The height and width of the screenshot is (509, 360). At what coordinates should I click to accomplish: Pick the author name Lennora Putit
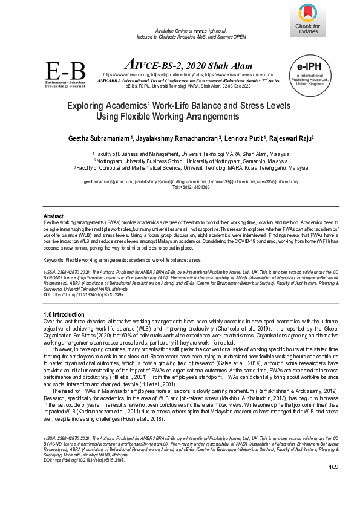pyautogui.click(x=245, y=138)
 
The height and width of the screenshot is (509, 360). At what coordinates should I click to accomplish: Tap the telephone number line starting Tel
pyautogui.click(x=191, y=187)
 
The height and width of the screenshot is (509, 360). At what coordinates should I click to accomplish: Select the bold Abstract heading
pyautogui.click(x=53, y=216)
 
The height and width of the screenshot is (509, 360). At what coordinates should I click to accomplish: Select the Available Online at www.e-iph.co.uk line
pyautogui.click(x=191, y=30)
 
